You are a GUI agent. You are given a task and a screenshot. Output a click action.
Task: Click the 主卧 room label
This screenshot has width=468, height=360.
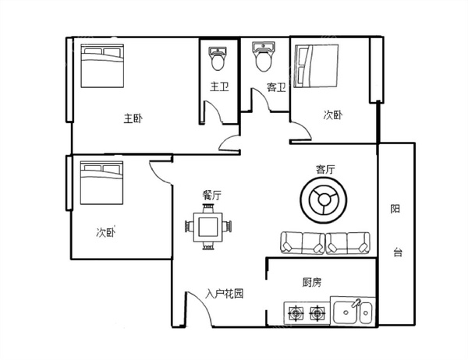(x=133, y=118)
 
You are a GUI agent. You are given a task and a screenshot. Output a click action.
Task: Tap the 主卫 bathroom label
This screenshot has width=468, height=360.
(x=219, y=86)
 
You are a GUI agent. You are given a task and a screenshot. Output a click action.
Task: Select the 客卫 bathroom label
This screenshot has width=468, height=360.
(x=276, y=87)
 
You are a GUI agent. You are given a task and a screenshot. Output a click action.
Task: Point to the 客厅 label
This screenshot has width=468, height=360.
(x=325, y=169)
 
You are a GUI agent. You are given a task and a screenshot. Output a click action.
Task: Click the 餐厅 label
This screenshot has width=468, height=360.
(x=212, y=196)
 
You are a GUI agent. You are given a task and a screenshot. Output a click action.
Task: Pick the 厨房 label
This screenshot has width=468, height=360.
(x=312, y=282)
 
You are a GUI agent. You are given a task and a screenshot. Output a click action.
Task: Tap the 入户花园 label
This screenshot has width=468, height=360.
(x=224, y=294)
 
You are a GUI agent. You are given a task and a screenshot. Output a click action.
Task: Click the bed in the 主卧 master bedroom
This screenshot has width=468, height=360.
(x=102, y=66)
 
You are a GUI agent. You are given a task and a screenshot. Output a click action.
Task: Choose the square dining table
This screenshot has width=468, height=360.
(x=208, y=227)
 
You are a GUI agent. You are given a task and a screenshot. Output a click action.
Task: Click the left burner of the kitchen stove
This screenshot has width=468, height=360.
(x=296, y=313)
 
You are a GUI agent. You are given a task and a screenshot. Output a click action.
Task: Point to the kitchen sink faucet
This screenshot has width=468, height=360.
(x=356, y=303)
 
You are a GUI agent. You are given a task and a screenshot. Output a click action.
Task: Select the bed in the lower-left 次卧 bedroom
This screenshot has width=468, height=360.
(x=101, y=183)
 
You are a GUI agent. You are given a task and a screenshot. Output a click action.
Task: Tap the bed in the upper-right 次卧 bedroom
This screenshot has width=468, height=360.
(x=317, y=66)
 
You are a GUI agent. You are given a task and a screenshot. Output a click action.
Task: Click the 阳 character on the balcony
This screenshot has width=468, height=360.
(x=395, y=209)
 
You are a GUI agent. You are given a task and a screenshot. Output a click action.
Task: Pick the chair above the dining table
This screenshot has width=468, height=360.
(x=208, y=208)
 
